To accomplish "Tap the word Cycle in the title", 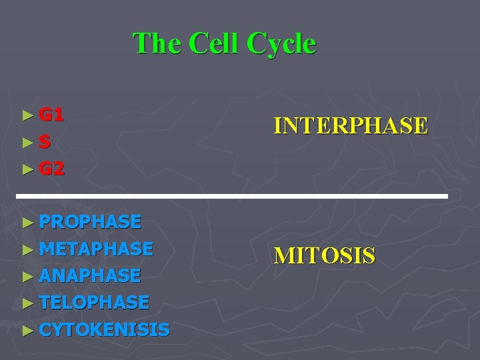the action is (x=281, y=44).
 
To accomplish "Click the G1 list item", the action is (x=51, y=115).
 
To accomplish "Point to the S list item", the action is (x=45, y=142).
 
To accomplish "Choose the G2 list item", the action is (x=51, y=169).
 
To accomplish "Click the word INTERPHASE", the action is (x=351, y=125).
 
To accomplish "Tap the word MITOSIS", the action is (x=325, y=255).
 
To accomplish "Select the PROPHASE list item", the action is (x=90, y=221).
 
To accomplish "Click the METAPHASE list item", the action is (x=96, y=249).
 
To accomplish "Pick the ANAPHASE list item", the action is (x=90, y=275).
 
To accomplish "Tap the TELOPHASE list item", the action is (x=94, y=303).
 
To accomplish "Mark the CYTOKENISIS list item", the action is (x=104, y=329).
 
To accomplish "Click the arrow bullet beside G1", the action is (x=27, y=115).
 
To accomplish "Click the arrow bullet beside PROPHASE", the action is (x=27, y=222).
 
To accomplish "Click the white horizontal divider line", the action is (x=232, y=197).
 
